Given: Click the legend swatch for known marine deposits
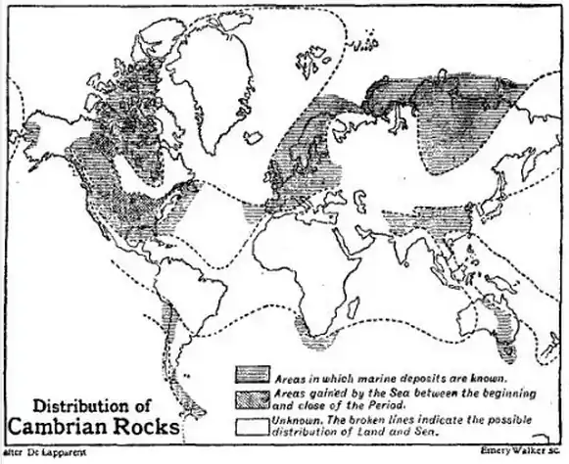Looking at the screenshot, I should [251, 377].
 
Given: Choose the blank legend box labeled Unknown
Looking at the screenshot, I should [251, 419].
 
